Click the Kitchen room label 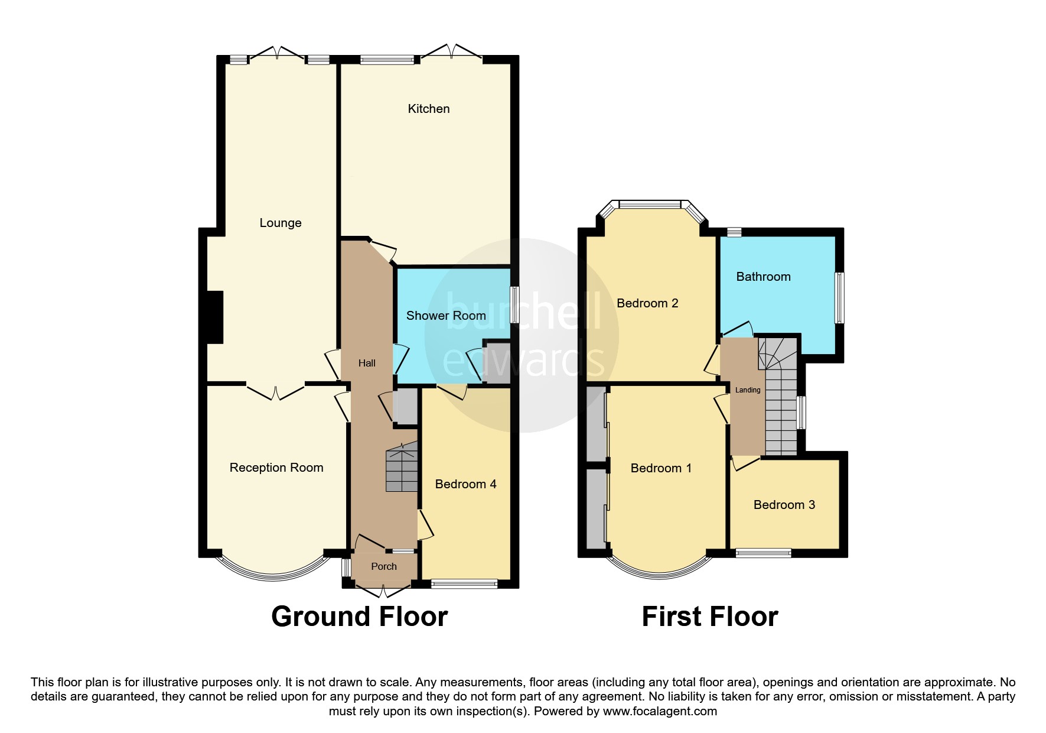pyautogui.click(x=429, y=109)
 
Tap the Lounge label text pyautogui.click(x=281, y=223)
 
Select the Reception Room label pyautogui.click(x=276, y=468)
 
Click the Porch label pyautogui.click(x=384, y=566)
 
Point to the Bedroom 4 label pyautogui.click(x=465, y=484)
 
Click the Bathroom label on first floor pyautogui.click(x=763, y=277)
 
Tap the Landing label pyautogui.click(x=748, y=390)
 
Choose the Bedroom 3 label pyautogui.click(x=784, y=505)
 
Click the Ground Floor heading pyautogui.click(x=359, y=617)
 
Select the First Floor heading pyautogui.click(x=709, y=617)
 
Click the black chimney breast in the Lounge pyautogui.click(x=215, y=317)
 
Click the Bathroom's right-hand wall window pyautogui.click(x=839, y=297)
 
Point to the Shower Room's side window pyautogui.click(x=514, y=304)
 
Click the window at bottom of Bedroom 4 pyautogui.click(x=464, y=584)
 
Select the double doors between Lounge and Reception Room pyautogui.click(x=276, y=392)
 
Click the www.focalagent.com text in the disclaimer pyautogui.click(x=660, y=711)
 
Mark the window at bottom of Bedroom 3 pyautogui.click(x=763, y=553)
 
